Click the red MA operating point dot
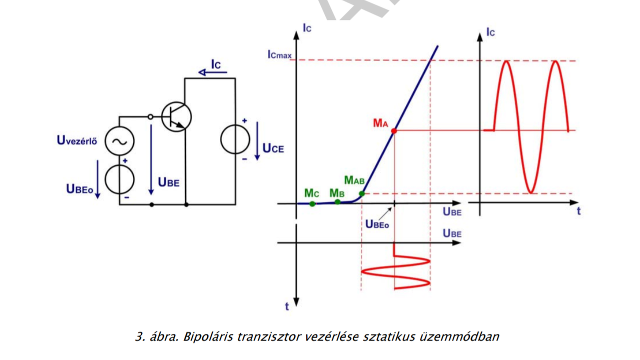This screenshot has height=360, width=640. point(394,130)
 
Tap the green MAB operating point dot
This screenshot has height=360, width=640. point(362,193)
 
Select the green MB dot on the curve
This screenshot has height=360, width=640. point(337,201)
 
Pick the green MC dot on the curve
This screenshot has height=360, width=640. point(312,203)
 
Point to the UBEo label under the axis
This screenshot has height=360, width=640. point(376,224)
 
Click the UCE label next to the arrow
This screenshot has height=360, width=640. point(272,148)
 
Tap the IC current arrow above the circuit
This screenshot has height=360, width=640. point(212,73)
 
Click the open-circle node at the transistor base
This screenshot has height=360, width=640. point(151,116)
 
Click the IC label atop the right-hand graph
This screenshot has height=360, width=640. point(490,32)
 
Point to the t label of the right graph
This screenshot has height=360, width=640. point(578,211)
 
